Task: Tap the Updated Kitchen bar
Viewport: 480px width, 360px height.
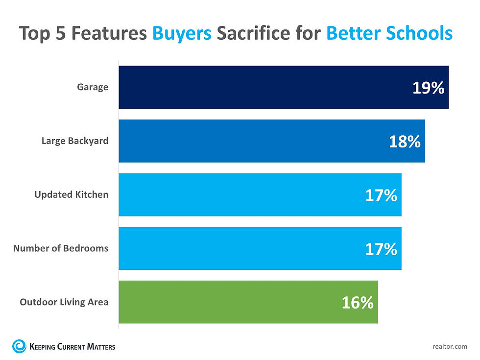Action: (x=240, y=194)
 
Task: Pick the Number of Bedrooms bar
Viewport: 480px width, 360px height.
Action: (x=240, y=248)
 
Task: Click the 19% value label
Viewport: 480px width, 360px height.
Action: (x=428, y=88)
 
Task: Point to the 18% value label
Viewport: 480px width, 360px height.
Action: (x=405, y=142)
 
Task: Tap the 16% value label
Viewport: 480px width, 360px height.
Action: (x=358, y=303)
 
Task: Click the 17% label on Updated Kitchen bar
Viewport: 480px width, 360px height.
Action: (x=381, y=195)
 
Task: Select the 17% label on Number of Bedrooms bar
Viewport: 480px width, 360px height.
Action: (x=381, y=249)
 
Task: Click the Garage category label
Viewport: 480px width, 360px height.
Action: (x=93, y=88)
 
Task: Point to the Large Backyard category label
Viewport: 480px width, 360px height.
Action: (x=74, y=141)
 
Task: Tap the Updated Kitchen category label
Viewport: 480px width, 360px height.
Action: (x=72, y=194)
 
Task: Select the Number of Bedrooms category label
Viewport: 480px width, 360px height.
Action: (x=61, y=248)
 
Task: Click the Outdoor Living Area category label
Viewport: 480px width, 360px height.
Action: (x=64, y=302)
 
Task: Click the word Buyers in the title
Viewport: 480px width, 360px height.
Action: (x=183, y=33)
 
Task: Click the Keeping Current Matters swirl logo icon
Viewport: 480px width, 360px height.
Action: (x=20, y=346)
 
